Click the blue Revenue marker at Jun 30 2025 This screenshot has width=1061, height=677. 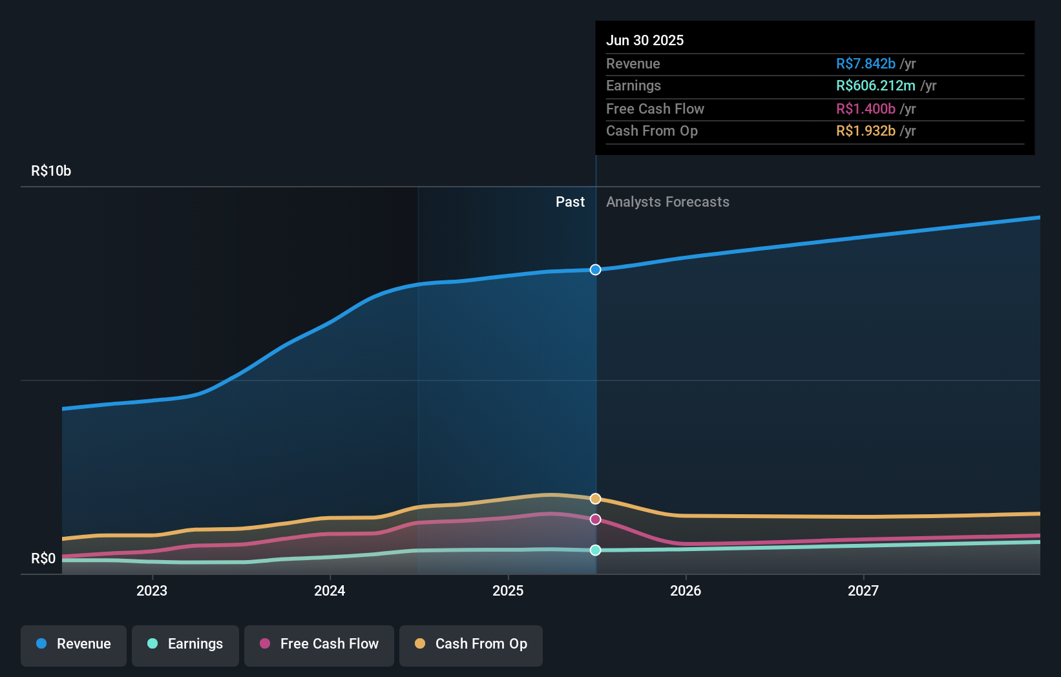pos(595,269)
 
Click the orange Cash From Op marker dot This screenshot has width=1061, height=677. pos(595,499)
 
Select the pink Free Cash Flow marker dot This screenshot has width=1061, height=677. pos(595,519)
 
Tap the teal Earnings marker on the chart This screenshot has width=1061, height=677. pos(595,550)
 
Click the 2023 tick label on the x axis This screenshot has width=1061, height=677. pos(152,590)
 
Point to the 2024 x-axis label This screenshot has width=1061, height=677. pos(330,590)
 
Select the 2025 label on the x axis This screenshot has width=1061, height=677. pos(508,590)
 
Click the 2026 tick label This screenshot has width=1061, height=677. pos(686,590)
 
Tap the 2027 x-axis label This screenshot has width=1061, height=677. pos(863,590)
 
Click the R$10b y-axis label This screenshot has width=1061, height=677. pos(51,171)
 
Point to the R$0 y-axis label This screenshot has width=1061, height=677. pos(43,558)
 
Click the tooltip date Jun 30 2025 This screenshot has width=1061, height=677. pos(645,40)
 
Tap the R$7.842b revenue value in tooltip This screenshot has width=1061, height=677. pos(865,63)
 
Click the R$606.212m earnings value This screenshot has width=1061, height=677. pos(876,85)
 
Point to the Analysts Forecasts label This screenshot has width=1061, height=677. pos(667,202)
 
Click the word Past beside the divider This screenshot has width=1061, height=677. pos(570,202)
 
